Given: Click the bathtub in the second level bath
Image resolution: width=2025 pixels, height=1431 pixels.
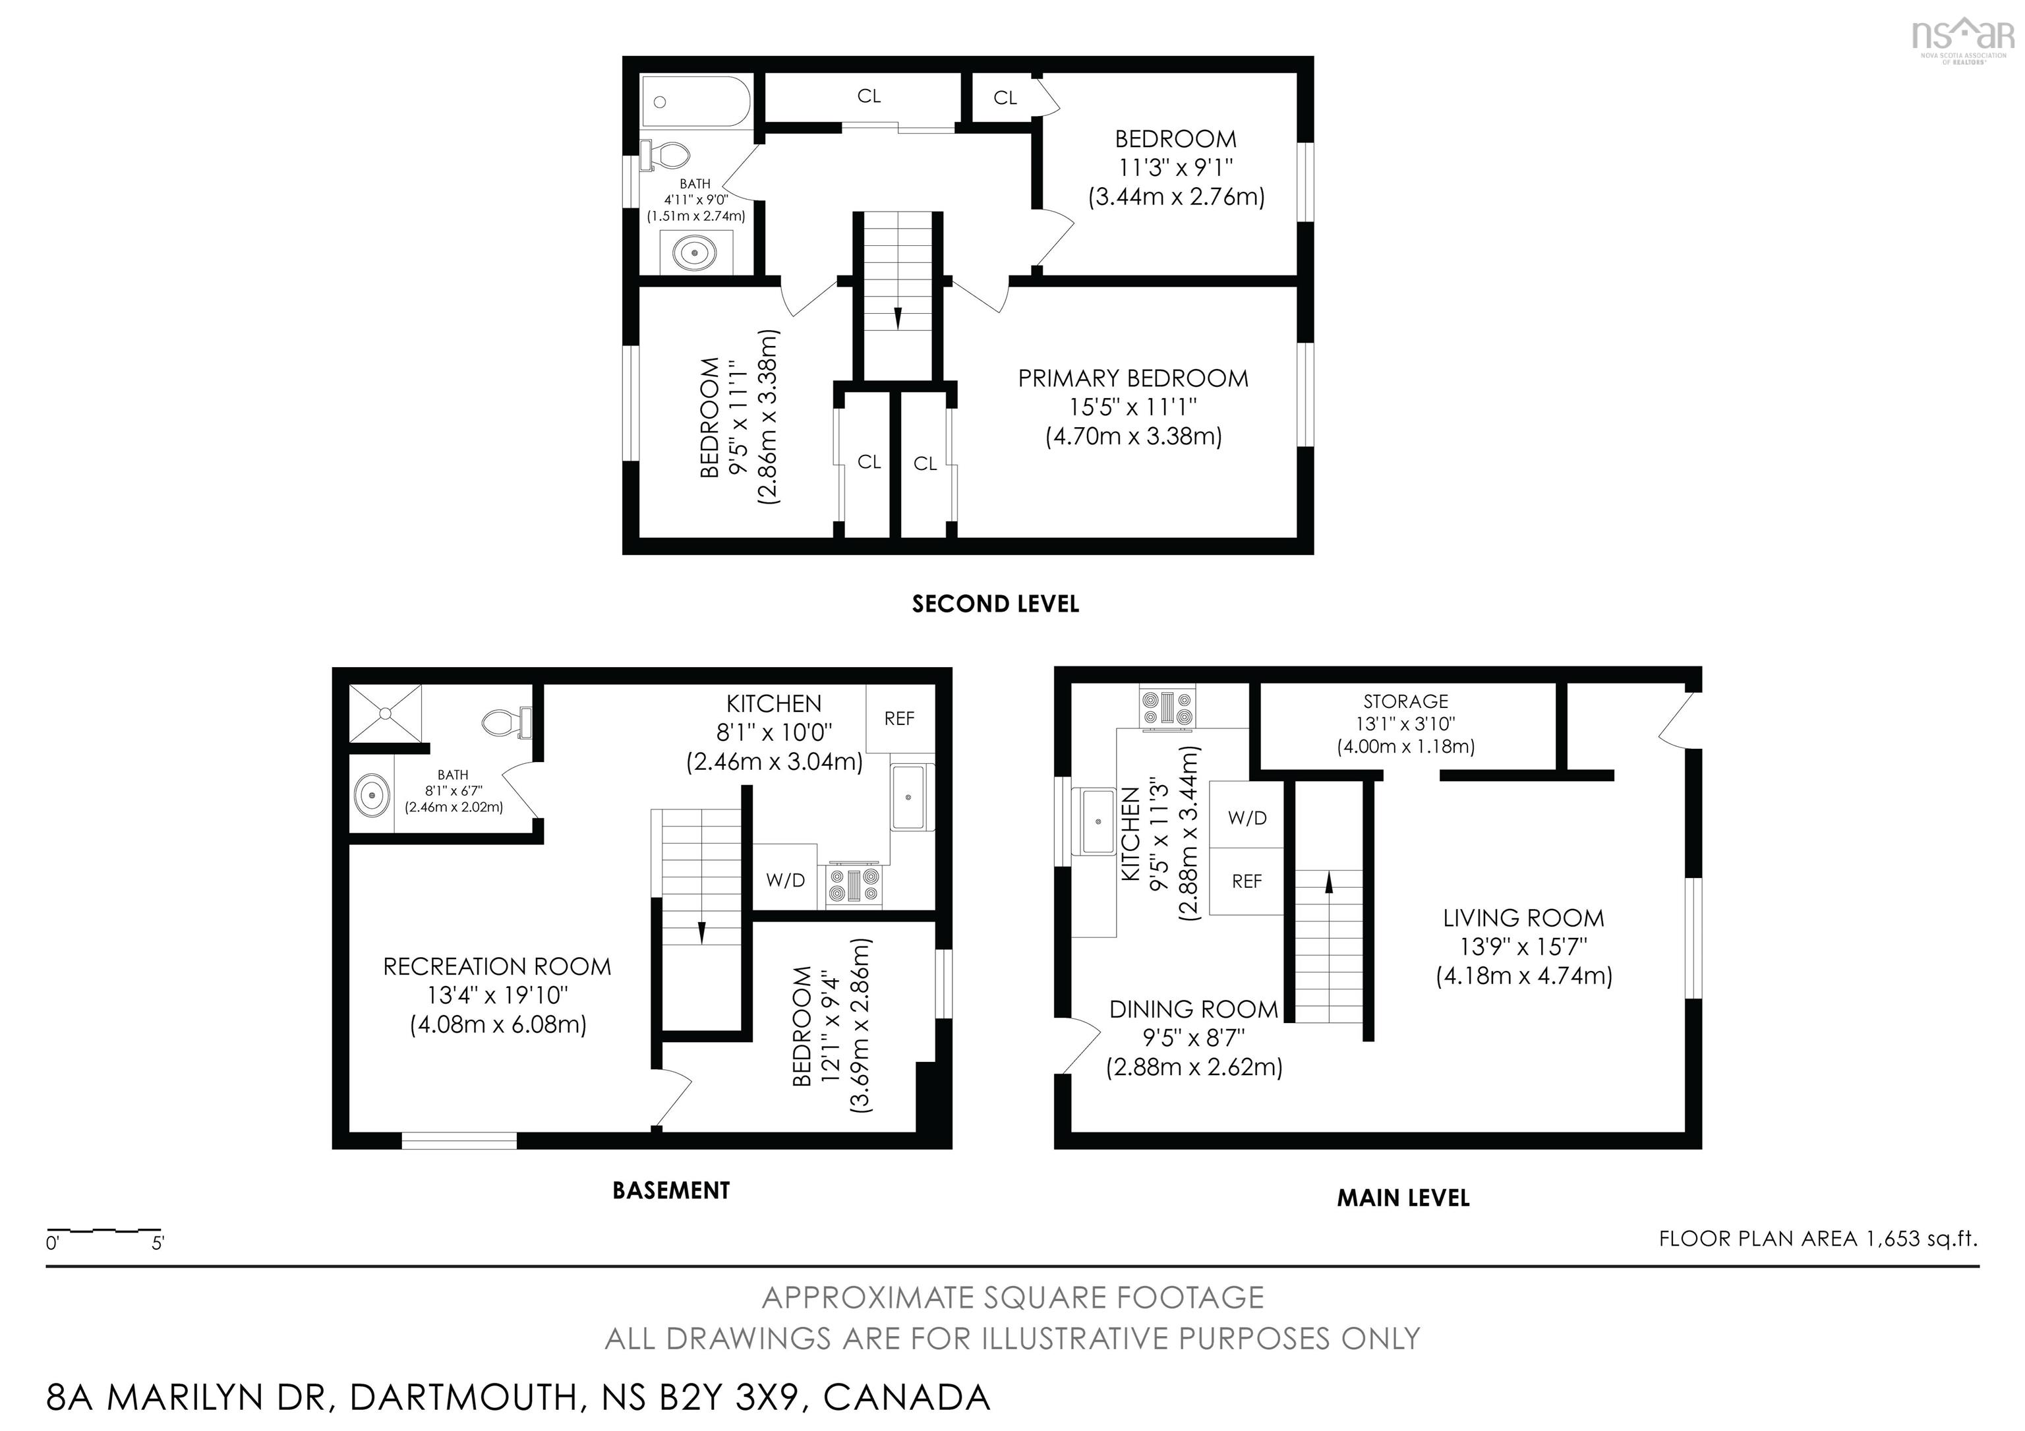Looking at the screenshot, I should click(696, 102).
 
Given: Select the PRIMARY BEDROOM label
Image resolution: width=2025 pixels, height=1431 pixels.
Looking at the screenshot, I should click(1132, 379).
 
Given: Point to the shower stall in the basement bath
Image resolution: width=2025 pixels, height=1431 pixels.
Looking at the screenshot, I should click(386, 713).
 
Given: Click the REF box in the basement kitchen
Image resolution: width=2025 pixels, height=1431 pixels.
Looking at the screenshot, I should click(898, 718).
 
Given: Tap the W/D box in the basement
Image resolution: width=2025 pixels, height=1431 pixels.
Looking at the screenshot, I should click(785, 879).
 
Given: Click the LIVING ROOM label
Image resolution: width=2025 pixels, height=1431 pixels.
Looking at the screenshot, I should click(1523, 918).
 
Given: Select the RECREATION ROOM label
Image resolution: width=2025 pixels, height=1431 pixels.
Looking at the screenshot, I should click(496, 967).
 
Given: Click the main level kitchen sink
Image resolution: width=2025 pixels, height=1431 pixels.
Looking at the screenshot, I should click(1097, 821).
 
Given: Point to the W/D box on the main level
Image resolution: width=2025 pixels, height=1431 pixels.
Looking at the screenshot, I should click(1247, 818).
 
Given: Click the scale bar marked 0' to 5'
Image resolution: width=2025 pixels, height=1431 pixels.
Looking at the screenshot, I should click(104, 1230).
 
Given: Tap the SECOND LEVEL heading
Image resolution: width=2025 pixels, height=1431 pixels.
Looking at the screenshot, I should click(995, 604).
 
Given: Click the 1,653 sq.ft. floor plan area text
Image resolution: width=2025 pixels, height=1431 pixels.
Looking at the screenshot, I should click(1819, 1239).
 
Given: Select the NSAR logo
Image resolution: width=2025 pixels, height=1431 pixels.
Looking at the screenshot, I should click(1962, 37).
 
